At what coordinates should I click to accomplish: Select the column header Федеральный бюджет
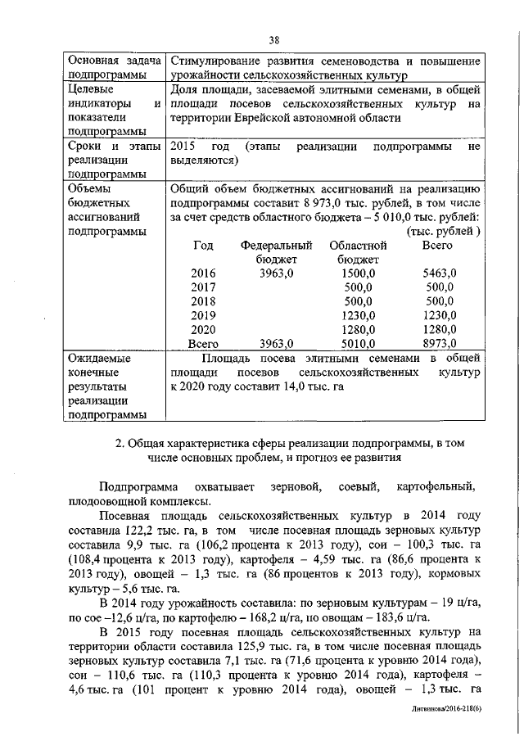(x=277, y=252)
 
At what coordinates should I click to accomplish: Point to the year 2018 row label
(x=203, y=301)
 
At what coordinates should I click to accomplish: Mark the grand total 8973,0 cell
(x=439, y=343)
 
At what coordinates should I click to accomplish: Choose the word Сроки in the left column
(x=86, y=146)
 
